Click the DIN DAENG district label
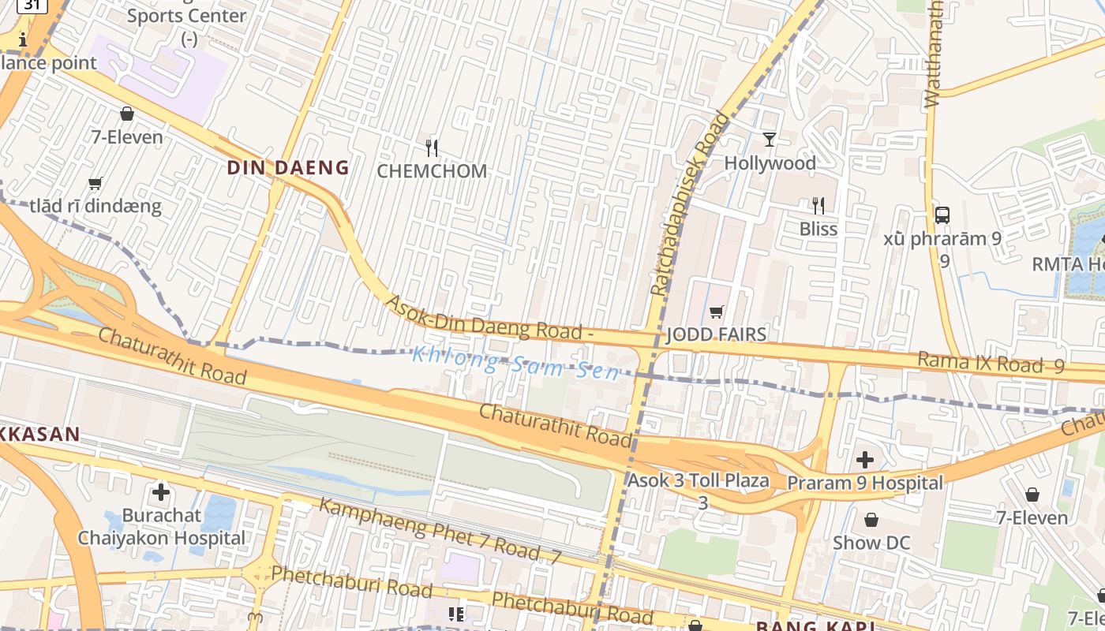[x=288, y=167]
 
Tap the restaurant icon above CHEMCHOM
[x=431, y=147]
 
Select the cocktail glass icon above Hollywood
[x=770, y=140]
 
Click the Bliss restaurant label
[x=818, y=229]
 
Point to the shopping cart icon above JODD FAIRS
[x=716, y=312]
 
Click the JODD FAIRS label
[x=716, y=334]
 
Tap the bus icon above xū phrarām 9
[x=942, y=215]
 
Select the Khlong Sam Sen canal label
[x=515, y=364]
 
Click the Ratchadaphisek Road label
[x=690, y=203]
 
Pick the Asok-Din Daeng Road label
[x=489, y=317]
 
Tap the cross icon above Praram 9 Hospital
[x=865, y=459]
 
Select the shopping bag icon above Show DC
[x=871, y=520]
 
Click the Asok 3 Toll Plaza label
[x=698, y=480]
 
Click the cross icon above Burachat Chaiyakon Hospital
[x=161, y=493]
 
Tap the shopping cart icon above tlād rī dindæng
[x=96, y=184]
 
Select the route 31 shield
[x=32, y=5]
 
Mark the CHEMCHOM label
[x=432, y=171]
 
